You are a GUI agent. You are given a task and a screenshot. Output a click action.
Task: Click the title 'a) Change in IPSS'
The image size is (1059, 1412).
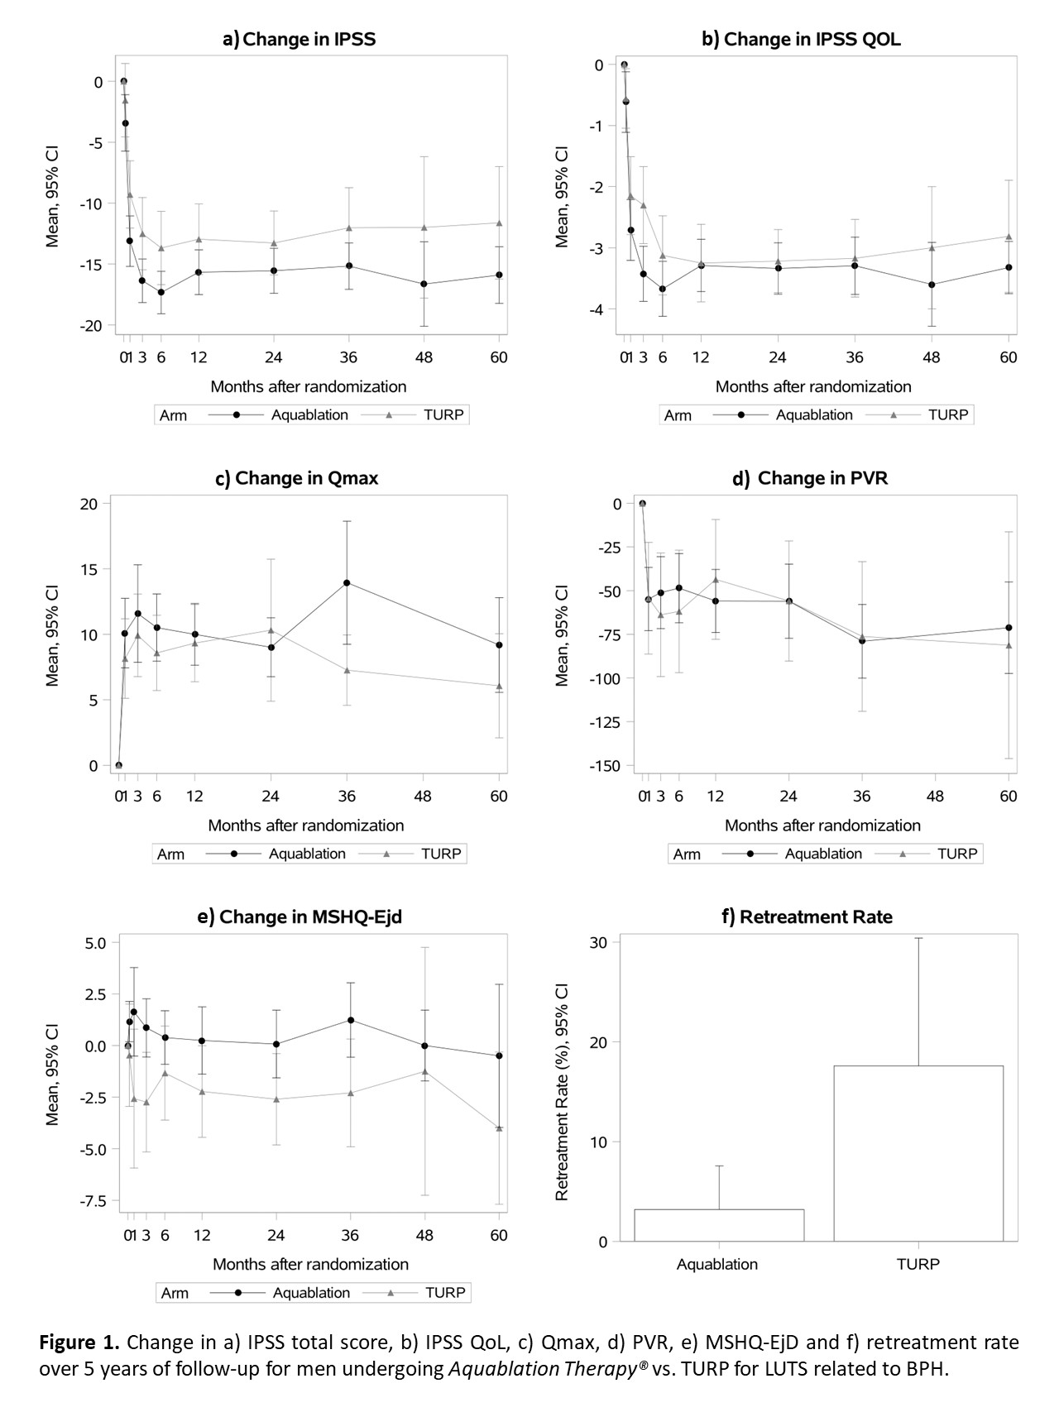[299, 39]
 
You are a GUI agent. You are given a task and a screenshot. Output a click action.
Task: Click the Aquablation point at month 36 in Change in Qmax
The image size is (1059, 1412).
[347, 582]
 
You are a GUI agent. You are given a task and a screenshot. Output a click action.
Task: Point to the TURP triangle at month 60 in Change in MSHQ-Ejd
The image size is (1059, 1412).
[499, 1127]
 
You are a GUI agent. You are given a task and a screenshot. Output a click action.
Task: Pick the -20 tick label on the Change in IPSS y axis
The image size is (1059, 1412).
[91, 326]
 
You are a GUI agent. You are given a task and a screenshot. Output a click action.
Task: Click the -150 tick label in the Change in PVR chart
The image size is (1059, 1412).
[605, 766]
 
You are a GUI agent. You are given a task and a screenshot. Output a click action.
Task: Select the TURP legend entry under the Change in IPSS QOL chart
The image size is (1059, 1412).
[947, 414]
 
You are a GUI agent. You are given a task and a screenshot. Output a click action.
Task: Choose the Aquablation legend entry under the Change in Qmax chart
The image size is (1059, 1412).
[307, 854]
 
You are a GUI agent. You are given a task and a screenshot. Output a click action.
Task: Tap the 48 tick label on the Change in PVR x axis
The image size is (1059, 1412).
[935, 796]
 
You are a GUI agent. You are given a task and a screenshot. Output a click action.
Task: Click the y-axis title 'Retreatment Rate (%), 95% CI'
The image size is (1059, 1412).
[562, 1092]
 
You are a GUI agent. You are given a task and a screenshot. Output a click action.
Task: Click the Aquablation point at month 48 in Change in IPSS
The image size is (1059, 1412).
[424, 284]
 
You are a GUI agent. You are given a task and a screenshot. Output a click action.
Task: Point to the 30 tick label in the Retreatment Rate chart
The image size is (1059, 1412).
[599, 943]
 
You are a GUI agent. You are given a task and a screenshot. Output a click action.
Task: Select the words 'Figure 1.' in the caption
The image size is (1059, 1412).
[80, 1341]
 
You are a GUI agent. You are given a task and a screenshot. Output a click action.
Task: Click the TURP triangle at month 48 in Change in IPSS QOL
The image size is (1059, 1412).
[932, 247]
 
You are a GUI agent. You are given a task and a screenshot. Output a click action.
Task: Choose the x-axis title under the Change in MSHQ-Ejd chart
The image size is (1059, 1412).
[310, 1264]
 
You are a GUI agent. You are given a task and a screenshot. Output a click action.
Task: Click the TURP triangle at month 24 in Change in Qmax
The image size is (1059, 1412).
[271, 629]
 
